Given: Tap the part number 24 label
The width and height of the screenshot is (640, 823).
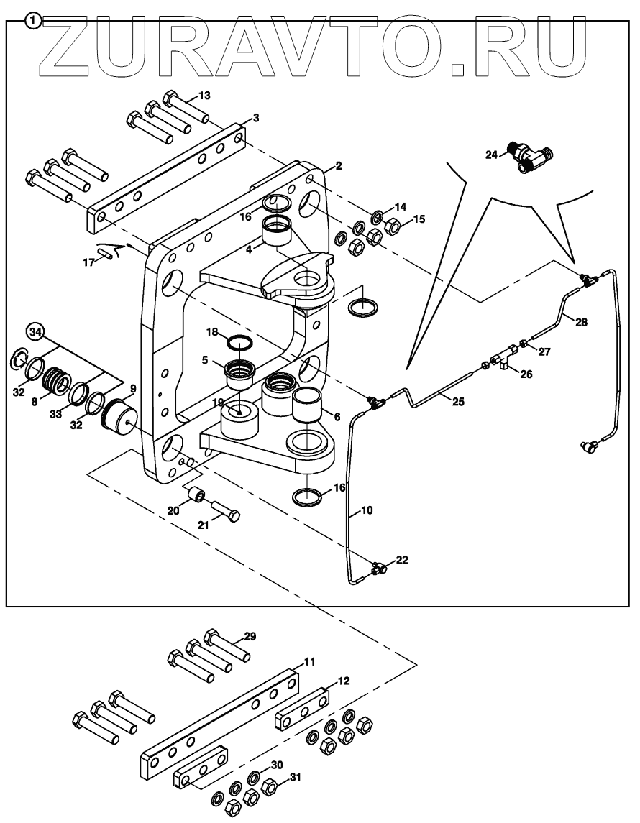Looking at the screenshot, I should [x=491, y=155].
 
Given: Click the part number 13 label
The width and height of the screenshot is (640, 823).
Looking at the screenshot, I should [x=205, y=95].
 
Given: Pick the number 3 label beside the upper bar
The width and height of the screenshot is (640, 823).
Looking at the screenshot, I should [x=255, y=118].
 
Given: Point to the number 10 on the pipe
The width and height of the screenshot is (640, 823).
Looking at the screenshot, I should [x=366, y=511].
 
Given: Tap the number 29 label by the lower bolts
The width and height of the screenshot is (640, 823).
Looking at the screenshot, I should [x=249, y=636].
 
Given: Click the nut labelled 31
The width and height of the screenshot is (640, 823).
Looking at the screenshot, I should [x=272, y=787].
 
